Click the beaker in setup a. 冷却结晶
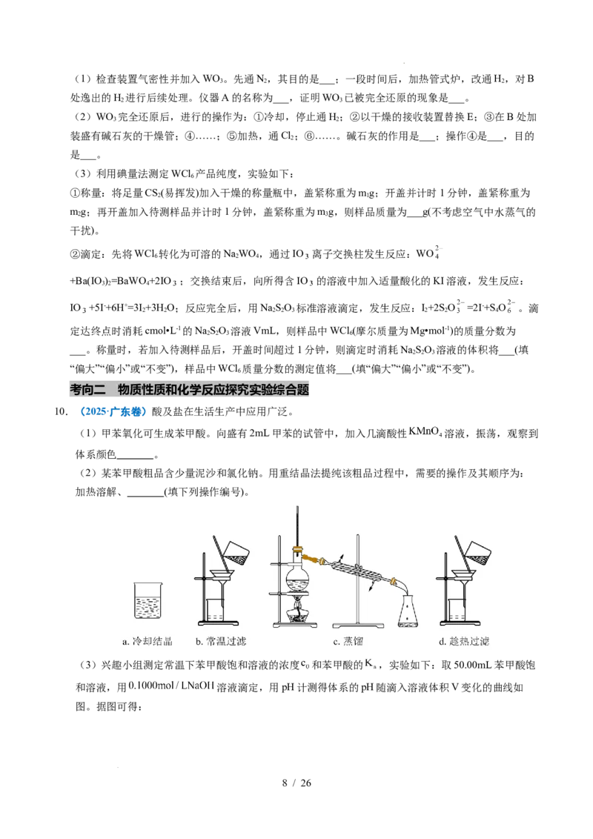tap(148, 600)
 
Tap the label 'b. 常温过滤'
tap(220, 641)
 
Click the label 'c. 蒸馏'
tap(348, 641)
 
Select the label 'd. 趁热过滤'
tap(463, 641)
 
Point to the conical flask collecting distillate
tap(409, 610)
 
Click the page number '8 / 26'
tap(296, 783)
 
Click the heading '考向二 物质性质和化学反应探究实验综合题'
tap(190, 390)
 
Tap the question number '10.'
tap(61, 411)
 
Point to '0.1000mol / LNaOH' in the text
tap(171, 686)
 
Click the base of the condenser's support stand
tap(359, 625)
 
